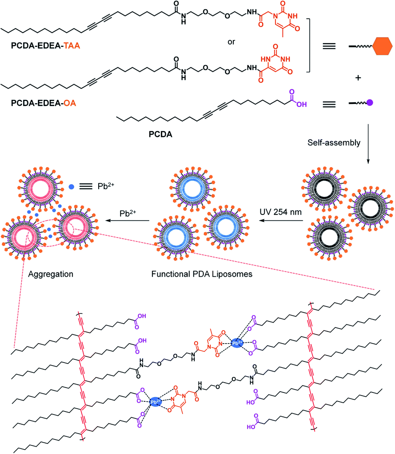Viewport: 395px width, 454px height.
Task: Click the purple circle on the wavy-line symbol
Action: pos(369,105)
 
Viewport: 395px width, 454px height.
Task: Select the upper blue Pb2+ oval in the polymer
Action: pos(237,343)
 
